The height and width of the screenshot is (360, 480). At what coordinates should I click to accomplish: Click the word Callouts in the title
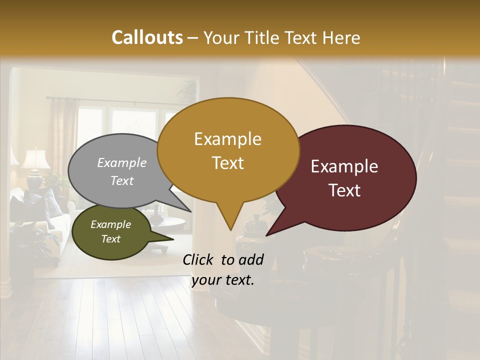147,37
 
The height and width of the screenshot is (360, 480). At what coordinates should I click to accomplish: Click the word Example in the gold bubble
227,139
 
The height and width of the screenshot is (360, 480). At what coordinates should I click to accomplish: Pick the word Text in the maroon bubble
344,190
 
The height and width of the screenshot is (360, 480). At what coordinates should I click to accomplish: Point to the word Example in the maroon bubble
344,166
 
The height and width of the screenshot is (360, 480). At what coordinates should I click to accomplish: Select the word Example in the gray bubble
122,162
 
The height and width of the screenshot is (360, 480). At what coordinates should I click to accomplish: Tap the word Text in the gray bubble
122,180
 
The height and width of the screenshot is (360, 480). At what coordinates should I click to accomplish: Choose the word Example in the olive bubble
111,224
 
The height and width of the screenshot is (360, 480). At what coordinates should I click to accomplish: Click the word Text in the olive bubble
111,239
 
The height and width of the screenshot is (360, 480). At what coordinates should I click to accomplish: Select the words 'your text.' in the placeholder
223,280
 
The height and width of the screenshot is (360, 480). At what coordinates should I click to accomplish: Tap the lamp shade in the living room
35,159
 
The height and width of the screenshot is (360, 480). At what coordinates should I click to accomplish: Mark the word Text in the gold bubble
228,163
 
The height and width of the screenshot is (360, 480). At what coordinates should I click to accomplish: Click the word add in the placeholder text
250,259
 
